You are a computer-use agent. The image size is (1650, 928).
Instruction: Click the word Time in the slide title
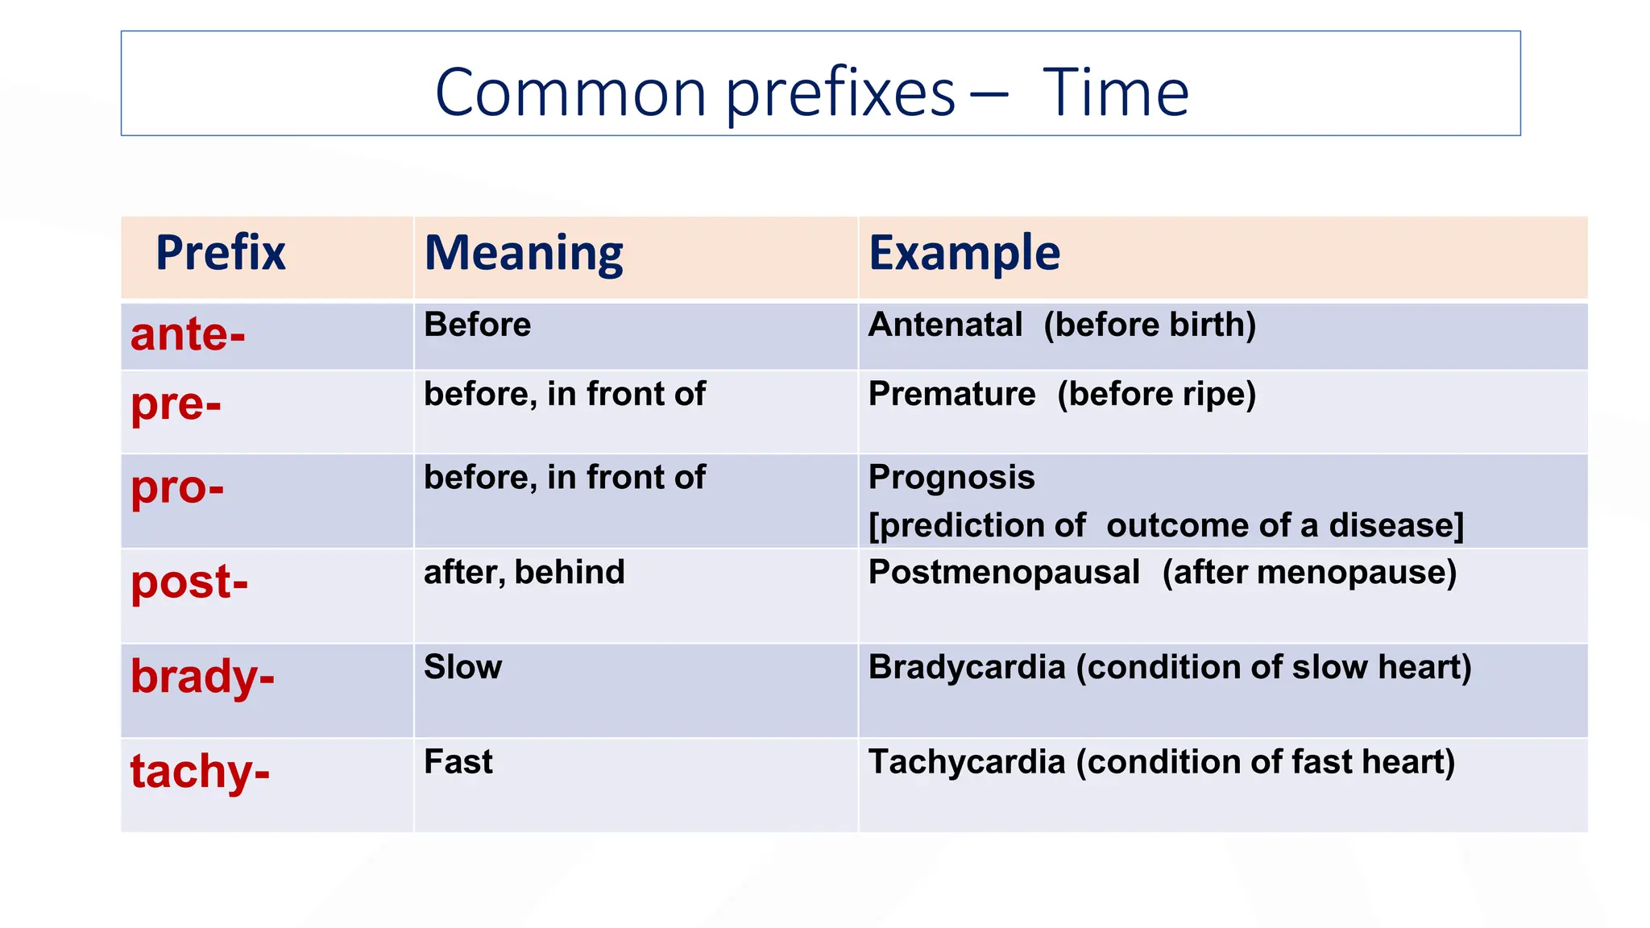[x=1115, y=93]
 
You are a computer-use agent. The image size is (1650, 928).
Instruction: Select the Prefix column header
[x=220, y=253]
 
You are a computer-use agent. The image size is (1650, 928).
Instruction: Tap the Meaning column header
[x=524, y=253]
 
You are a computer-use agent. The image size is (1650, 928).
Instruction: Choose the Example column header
[x=964, y=253]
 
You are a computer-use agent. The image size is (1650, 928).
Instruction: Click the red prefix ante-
[x=188, y=334]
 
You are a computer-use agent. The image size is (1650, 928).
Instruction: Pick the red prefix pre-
[x=176, y=404]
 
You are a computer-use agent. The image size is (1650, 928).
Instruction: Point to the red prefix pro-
[x=177, y=488]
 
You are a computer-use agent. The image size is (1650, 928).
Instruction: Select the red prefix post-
[x=189, y=582]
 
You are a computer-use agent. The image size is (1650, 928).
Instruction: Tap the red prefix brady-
[x=202, y=676]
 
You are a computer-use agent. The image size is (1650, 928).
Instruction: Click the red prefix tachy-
[x=200, y=771]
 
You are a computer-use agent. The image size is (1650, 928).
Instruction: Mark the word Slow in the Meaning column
[x=462, y=668]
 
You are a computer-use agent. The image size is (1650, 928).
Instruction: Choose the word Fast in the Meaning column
[x=458, y=762]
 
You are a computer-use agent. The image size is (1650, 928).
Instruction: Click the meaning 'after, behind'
[x=524, y=573]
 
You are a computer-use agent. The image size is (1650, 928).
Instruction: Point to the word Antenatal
[x=945, y=325]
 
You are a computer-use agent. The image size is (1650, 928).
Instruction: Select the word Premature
[x=951, y=395]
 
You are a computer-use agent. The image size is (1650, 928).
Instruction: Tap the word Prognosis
[x=951, y=478]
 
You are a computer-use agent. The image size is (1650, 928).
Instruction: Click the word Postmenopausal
[x=1004, y=573]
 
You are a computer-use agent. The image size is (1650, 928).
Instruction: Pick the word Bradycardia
[x=967, y=668]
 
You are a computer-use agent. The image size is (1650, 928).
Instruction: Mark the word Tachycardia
[x=967, y=762]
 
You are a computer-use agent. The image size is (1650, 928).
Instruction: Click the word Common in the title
[x=570, y=93]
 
